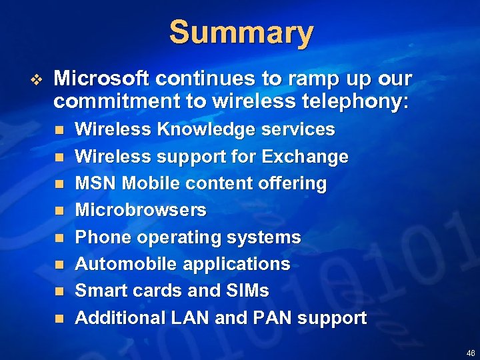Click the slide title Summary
coord(241,33)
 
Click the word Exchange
coord(305,157)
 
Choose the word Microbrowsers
coord(141,210)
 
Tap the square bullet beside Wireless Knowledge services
coord(59,130)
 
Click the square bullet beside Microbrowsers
coord(59,211)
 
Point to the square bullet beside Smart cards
coord(59,291)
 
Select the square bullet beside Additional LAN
coord(59,319)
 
